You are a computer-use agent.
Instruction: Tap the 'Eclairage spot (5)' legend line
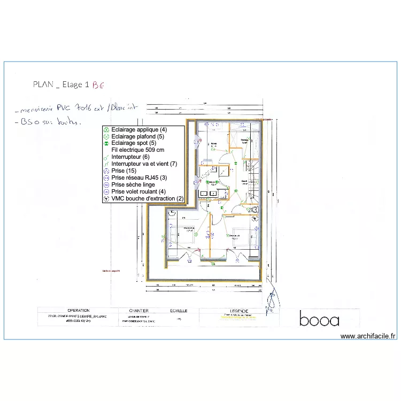point(134,143)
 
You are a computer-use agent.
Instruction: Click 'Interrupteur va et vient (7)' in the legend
point(144,164)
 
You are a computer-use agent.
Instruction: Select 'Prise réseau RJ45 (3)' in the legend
point(138,178)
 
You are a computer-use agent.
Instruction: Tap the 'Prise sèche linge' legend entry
point(133,184)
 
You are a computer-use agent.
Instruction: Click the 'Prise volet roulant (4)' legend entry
point(138,191)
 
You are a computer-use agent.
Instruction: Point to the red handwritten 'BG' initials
point(98,84)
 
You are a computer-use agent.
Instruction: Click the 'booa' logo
point(319,320)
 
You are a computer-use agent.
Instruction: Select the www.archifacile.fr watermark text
point(368,336)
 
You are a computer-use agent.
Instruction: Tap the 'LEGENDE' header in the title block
point(238,311)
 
